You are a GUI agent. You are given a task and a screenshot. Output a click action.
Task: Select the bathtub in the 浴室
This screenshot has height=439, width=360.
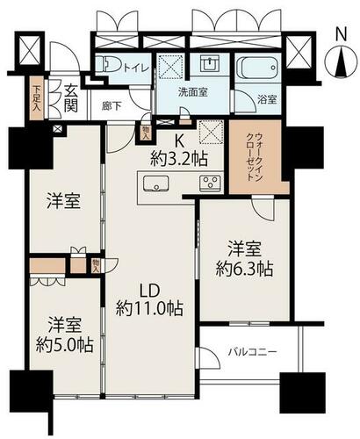pos(257,68)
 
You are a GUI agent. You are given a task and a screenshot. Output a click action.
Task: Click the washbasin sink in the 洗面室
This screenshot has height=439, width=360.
pos(210,63)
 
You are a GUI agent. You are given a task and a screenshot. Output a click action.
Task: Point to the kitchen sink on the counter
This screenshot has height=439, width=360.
pos(156,184)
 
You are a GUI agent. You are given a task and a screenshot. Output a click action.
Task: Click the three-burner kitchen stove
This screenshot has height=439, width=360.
pos(210,184)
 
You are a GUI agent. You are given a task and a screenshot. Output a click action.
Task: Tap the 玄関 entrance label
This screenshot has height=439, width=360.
pos(71,98)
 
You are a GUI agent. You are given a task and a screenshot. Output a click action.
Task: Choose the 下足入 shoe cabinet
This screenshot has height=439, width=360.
pos(37,98)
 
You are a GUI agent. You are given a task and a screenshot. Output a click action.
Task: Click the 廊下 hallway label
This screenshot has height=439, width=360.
pos(112,106)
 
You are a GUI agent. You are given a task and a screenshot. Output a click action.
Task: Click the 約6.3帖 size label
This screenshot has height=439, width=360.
pos(244,269)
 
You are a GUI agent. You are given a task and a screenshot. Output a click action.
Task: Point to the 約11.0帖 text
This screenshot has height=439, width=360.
pos(149,308)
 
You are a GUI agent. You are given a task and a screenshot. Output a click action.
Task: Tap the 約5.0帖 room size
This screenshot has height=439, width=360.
pos(65,345)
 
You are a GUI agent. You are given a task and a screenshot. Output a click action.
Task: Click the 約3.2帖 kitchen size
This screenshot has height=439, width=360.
pos(179,160)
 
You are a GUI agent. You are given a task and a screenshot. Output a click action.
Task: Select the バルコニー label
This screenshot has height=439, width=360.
pos(252,352)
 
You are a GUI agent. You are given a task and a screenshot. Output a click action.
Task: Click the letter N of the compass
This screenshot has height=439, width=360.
pos(341,33)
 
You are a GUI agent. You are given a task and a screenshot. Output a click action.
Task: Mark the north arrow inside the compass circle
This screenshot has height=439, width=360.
pos(341,63)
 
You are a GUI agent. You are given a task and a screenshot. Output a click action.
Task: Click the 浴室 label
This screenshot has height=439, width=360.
pos(267,100)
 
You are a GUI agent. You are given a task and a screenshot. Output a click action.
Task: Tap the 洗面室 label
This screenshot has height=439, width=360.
pos(193,92)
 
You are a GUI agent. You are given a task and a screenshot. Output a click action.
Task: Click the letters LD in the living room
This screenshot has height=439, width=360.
pos(149,291)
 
